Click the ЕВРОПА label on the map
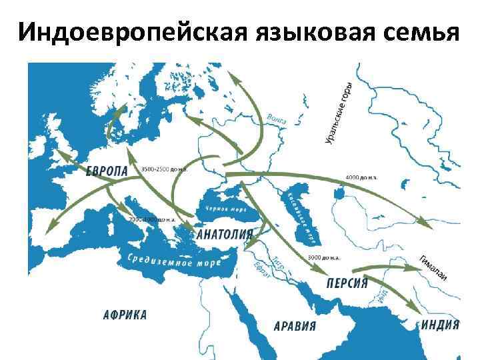107,171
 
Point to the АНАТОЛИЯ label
224,235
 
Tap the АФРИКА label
125,315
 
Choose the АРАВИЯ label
295,326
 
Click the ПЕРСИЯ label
347,282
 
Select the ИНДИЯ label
441,325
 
